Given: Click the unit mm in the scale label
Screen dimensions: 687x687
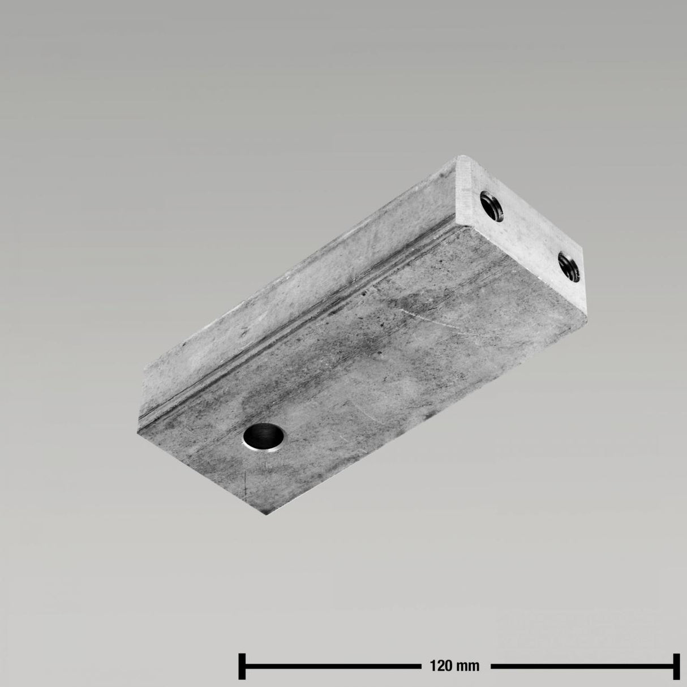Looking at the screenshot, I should pyautogui.click(x=469, y=665).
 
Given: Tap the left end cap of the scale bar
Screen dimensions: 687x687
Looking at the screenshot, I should pyautogui.click(x=242, y=665).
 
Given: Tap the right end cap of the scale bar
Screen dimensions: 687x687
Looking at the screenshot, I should pyautogui.click(x=675, y=665).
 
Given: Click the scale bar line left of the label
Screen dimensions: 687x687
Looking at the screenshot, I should pyautogui.click(x=328, y=665).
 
